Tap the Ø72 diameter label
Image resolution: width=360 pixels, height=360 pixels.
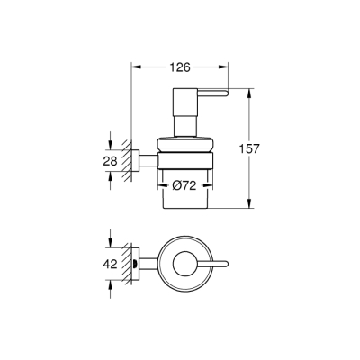click(x=184, y=185)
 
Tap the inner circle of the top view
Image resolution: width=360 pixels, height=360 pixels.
click(x=183, y=265)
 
